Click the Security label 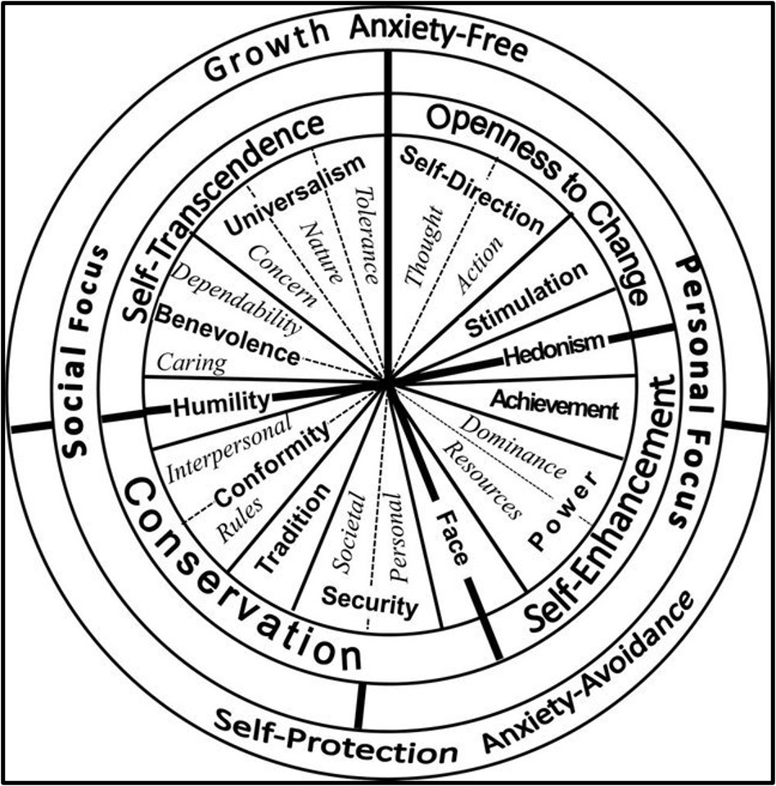369,602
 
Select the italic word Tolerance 367,234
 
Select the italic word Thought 426,246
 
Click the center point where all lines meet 388,382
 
